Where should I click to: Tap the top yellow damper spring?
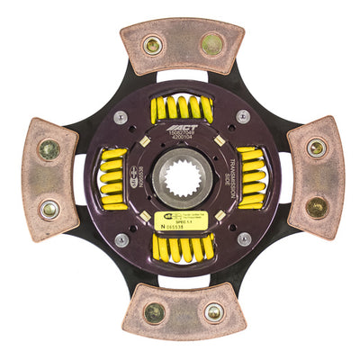(181, 109)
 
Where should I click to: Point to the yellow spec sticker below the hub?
(176, 220)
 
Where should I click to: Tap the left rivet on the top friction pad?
(153, 44)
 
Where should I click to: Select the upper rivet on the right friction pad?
(316, 148)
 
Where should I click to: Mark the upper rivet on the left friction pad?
(49, 150)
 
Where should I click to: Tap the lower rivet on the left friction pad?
(49, 208)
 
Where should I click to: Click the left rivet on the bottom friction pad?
(155, 312)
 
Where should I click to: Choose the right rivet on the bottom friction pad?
(212, 312)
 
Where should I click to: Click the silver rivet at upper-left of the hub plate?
(121, 117)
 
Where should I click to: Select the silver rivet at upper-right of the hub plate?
(243, 117)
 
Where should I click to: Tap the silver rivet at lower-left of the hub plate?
(121, 239)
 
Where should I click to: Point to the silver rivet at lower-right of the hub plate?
(243, 239)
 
